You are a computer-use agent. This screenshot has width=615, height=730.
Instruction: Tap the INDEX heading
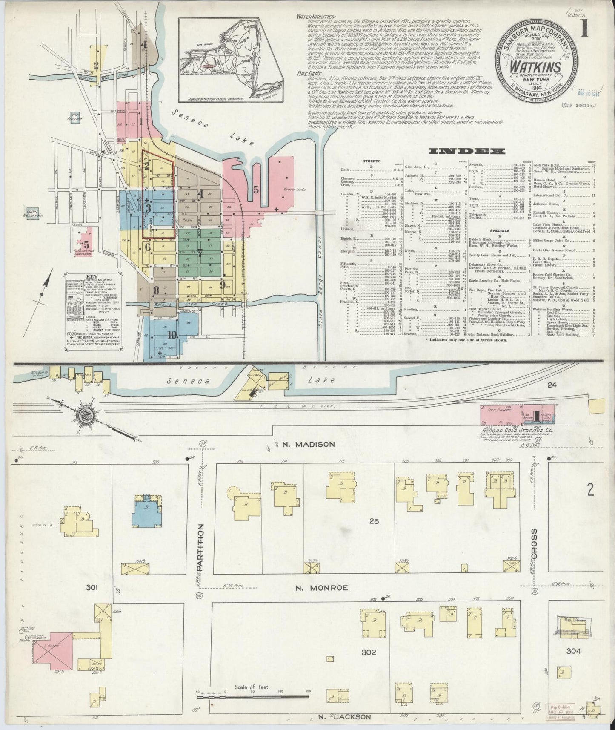[467, 151]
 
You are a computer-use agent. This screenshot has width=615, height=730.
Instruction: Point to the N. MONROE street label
[322, 588]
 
